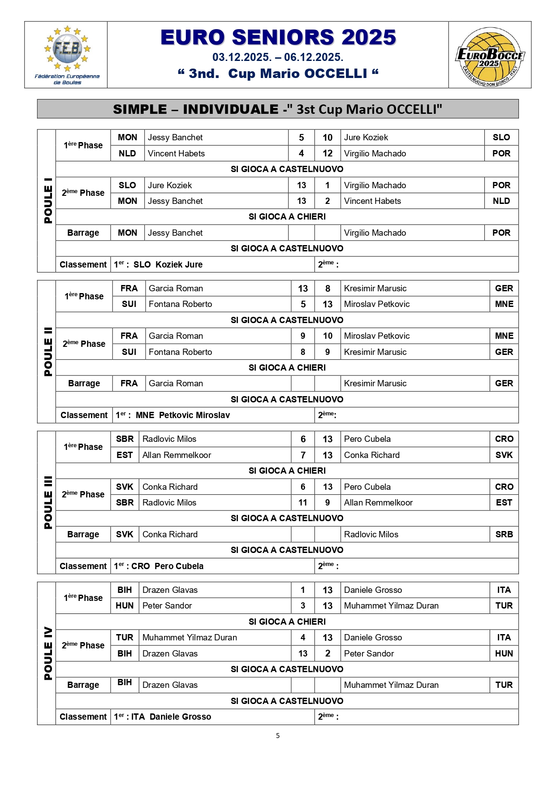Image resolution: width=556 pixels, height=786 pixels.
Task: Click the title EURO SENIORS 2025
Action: (x=278, y=38)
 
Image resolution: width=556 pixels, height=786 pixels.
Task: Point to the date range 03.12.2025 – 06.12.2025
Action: (x=278, y=57)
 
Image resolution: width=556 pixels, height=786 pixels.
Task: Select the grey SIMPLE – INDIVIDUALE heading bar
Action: (x=278, y=109)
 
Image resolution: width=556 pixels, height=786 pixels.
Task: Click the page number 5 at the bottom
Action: (x=278, y=735)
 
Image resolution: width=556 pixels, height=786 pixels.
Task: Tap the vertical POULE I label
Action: (x=47, y=200)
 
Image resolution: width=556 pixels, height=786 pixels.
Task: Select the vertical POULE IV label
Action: (x=47, y=653)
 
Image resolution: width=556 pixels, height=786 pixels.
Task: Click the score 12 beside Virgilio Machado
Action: (x=328, y=153)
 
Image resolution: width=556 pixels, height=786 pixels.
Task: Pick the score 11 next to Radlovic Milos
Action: (x=303, y=502)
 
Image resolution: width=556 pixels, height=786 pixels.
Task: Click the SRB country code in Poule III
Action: (x=504, y=534)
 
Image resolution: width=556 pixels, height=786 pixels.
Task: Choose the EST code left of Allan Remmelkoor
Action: (x=125, y=455)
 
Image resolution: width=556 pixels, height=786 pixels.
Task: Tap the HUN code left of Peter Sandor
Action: (x=125, y=605)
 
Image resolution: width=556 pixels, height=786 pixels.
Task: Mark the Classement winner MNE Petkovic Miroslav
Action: (x=183, y=415)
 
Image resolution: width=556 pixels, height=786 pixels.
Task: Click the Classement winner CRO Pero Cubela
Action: (x=167, y=566)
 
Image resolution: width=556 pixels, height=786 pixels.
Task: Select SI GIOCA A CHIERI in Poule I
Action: (x=287, y=216)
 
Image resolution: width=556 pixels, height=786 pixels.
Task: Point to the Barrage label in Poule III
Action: (x=83, y=534)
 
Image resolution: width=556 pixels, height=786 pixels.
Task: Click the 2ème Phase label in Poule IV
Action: (x=83, y=645)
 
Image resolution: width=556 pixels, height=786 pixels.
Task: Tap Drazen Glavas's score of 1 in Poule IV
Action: (x=303, y=590)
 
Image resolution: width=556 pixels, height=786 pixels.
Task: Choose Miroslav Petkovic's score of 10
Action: (x=328, y=336)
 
